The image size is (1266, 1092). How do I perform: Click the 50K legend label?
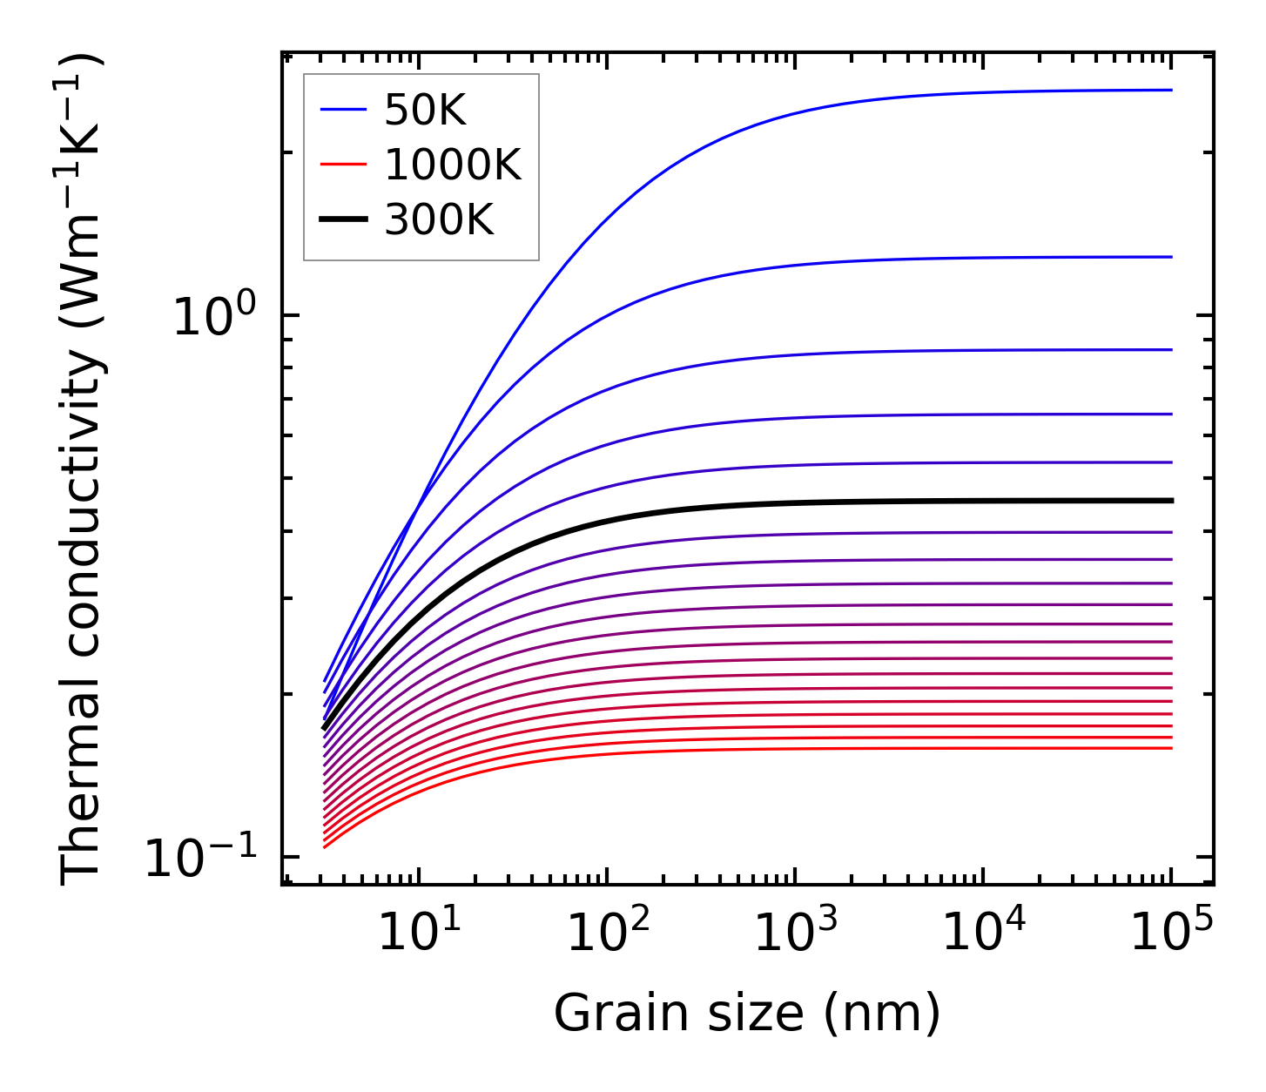(426, 111)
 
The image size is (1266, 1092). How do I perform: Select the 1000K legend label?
(453, 165)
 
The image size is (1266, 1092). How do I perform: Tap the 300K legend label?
(439, 220)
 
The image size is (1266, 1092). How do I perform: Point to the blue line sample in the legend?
(343, 110)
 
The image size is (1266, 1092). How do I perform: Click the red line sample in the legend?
(343, 165)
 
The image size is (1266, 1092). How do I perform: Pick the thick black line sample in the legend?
(343, 220)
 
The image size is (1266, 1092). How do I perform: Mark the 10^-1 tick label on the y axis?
(202, 859)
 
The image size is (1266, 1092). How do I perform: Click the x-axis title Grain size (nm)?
(747, 1014)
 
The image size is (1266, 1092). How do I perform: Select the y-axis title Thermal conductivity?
(83, 470)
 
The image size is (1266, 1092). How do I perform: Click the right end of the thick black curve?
(1172, 501)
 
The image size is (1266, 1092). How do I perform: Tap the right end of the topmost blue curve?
(1172, 90)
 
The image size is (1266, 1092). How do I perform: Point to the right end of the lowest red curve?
(1172, 748)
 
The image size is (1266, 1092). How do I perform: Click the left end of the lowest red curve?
(324, 847)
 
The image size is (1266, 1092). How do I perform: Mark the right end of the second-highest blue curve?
(1172, 257)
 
